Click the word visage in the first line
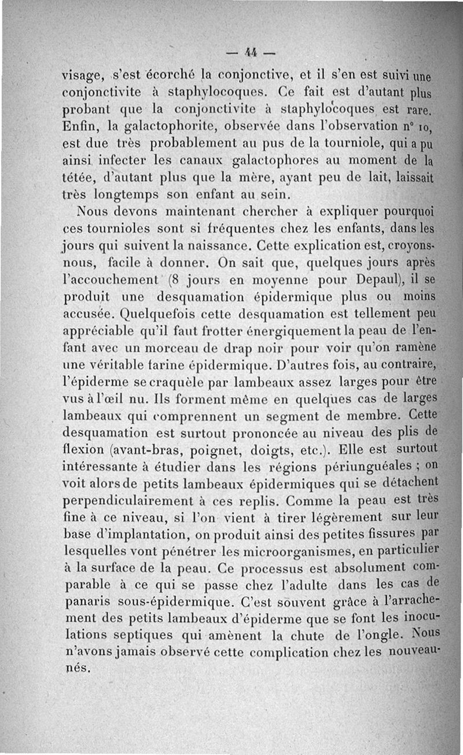83,76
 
